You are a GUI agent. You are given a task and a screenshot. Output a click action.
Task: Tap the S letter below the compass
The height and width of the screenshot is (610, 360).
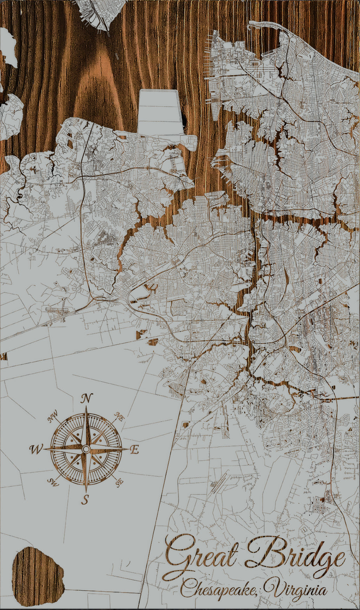85,499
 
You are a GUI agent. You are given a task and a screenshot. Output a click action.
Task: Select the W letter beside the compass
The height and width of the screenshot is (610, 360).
36,449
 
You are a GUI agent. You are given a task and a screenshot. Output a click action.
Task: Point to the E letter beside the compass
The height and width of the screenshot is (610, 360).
134,450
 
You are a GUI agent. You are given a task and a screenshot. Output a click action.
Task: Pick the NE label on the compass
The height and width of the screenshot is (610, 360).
119,417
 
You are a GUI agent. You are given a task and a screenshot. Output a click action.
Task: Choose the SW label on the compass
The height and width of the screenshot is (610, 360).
52,482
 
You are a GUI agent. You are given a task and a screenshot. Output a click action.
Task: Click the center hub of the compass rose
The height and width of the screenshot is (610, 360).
86,449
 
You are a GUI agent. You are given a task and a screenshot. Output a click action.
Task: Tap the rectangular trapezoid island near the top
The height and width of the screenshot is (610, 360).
160,112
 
